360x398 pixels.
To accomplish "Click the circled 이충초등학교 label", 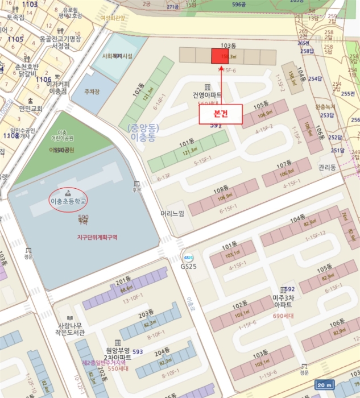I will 69,201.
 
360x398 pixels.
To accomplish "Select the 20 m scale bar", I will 324,385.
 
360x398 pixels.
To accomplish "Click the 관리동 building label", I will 327,168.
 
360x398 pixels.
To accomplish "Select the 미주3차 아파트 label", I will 283,301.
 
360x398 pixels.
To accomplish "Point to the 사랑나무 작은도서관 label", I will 71,329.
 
